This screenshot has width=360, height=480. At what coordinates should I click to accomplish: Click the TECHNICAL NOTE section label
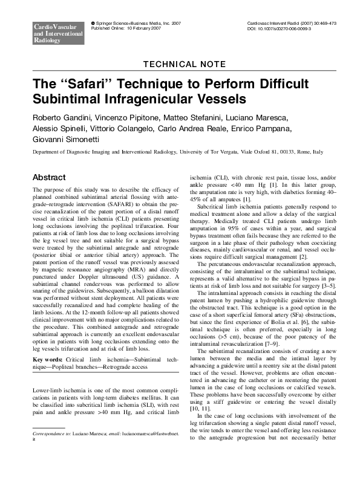180,65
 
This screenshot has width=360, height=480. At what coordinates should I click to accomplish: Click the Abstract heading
50,178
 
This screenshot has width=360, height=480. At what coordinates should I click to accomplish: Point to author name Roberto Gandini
58,117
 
